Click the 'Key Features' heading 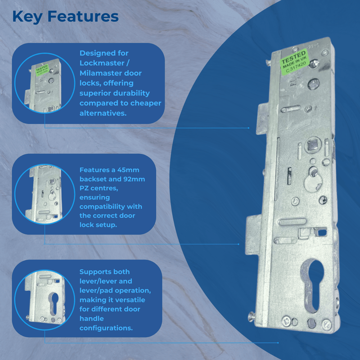(65, 17)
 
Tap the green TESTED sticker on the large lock (294, 62)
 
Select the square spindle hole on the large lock (311, 145)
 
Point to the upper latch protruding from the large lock (261, 117)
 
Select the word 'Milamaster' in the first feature (99, 73)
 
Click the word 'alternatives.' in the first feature (103, 113)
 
